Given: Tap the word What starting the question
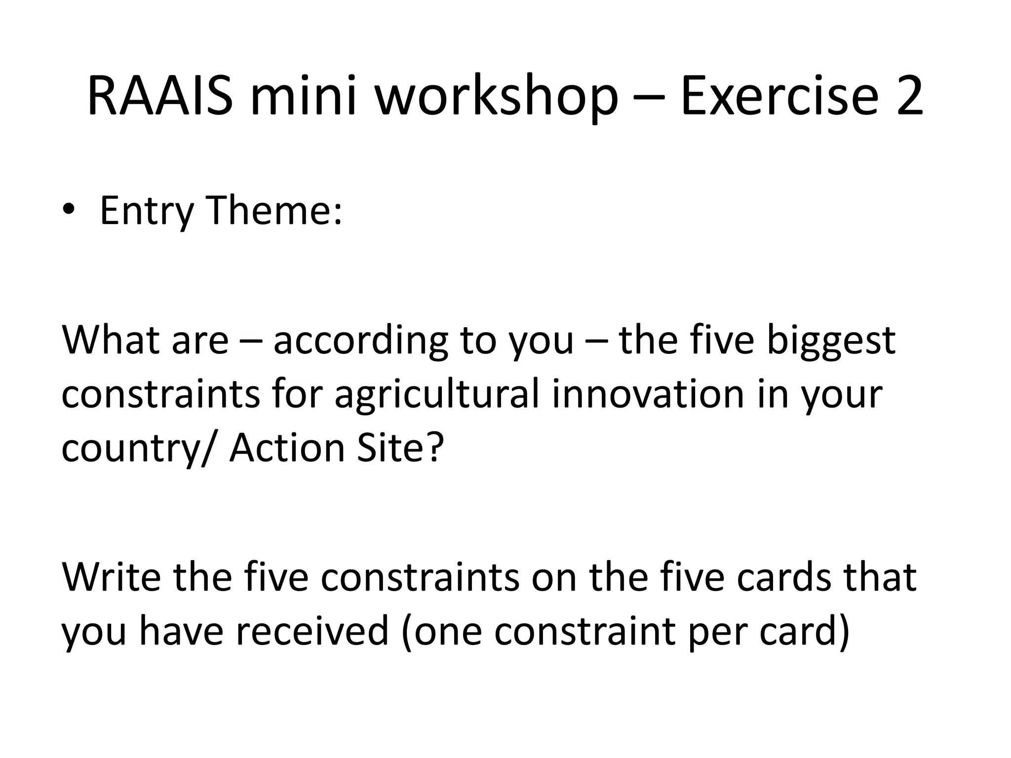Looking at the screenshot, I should [111, 340].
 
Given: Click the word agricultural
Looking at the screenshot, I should [436, 395].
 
